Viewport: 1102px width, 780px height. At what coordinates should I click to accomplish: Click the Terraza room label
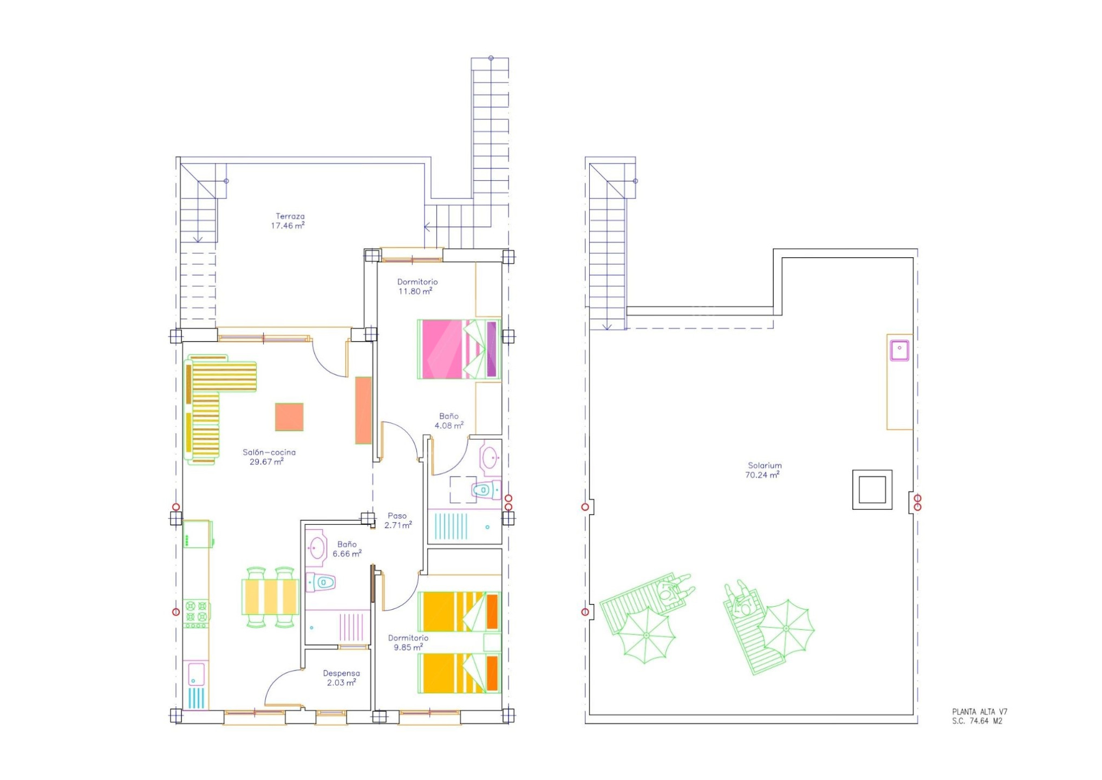(x=290, y=216)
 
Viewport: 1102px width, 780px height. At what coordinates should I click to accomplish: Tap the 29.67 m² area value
(x=266, y=462)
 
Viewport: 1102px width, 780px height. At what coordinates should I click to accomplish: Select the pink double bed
(x=459, y=349)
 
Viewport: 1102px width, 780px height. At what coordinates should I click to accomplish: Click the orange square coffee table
(x=289, y=417)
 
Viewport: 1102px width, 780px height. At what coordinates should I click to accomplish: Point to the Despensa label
(x=342, y=673)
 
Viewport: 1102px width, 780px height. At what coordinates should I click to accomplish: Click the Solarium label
(x=765, y=465)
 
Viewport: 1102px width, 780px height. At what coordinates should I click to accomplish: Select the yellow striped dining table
(x=270, y=597)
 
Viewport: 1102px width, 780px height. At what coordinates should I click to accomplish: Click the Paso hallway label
(x=397, y=516)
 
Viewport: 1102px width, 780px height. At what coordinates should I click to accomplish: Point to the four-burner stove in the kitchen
(x=196, y=614)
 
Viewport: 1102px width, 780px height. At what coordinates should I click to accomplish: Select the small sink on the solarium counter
(x=899, y=350)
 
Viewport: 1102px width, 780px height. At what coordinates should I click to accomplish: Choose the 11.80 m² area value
(x=415, y=291)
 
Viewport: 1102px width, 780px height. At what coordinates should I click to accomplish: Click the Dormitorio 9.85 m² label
(x=408, y=642)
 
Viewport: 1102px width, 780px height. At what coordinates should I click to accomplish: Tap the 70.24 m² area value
(x=762, y=475)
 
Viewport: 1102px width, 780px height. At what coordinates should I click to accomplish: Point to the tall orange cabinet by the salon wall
(x=363, y=411)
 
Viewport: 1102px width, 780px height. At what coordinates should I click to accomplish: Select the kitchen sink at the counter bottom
(x=196, y=675)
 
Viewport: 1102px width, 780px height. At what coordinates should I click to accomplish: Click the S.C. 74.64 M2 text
(x=977, y=721)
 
